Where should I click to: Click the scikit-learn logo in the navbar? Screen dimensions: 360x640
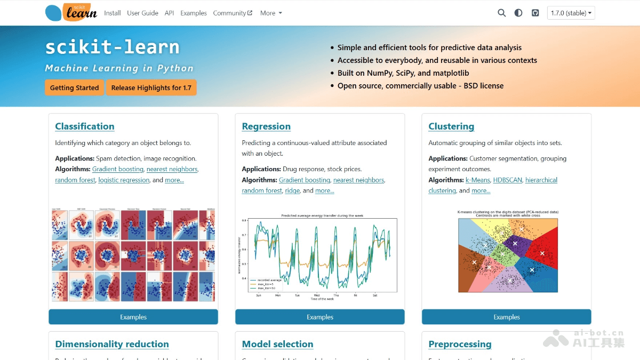pos(71,12)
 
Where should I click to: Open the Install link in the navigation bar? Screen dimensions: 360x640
pos(113,13)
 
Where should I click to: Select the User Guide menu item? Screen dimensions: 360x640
pos(142,13)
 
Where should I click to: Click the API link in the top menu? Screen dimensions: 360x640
pos(169,13)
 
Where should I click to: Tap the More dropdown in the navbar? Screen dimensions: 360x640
pos(271,13)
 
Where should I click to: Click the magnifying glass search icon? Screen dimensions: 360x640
pos(501,13)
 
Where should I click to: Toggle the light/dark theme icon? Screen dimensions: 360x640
pos(518,13)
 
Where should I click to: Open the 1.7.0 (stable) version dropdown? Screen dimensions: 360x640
pos(571,13)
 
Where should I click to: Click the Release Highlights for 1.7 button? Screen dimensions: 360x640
pos(151,87)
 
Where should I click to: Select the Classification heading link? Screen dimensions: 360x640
pos(85,126)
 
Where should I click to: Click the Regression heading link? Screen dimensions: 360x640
pos(266,126)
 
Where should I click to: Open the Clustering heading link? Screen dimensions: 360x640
pos(451,126)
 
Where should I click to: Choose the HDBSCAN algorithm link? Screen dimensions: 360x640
pos(507,180)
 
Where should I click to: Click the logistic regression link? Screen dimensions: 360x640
pos(124,180)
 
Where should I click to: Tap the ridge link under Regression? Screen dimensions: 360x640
pos(292,190)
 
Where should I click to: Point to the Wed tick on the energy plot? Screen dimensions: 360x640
pos(316,295)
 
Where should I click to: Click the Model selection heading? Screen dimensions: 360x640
pos(277,344)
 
